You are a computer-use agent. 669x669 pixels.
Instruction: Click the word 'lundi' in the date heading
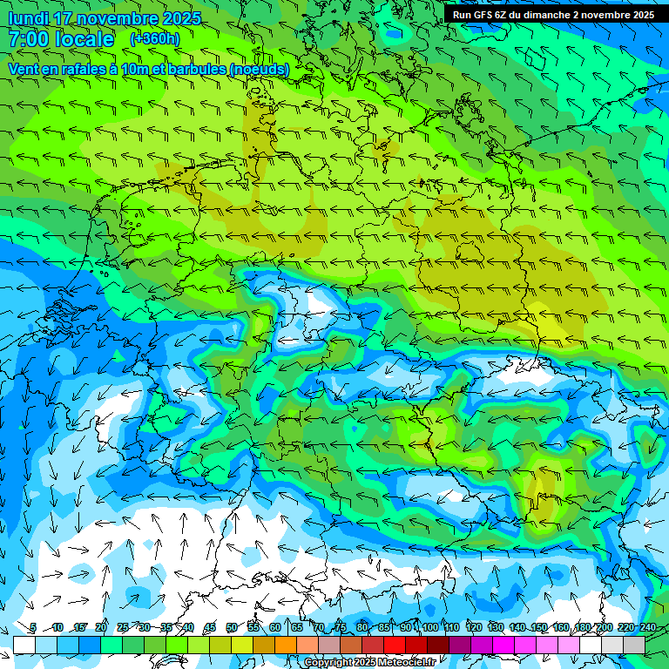tap(29, 18)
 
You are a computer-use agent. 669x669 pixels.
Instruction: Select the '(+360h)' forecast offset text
tap(154, 39)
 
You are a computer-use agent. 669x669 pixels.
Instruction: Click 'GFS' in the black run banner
tap(483, 15)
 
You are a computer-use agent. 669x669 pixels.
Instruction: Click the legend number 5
tap(32, 627)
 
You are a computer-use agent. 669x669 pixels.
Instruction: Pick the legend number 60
tap(275, 627)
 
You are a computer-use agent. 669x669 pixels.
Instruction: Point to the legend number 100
tap(429, 627)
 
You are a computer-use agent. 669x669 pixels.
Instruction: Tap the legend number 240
tap(647, 627)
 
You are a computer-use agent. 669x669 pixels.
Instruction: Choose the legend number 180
tap(582, 627)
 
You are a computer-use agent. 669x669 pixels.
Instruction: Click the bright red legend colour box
tap(395, 645)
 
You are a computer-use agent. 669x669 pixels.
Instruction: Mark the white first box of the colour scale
tap(24, 645)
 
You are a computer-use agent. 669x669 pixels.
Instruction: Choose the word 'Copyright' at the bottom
tap(328, 663)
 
